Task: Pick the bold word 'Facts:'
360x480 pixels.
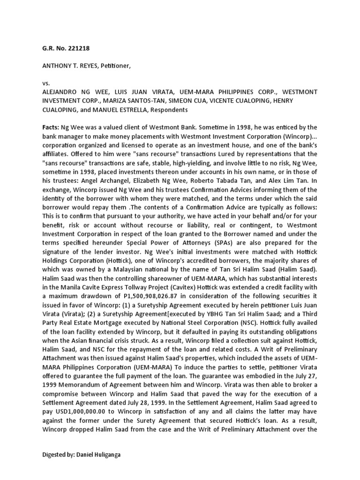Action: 51,127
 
